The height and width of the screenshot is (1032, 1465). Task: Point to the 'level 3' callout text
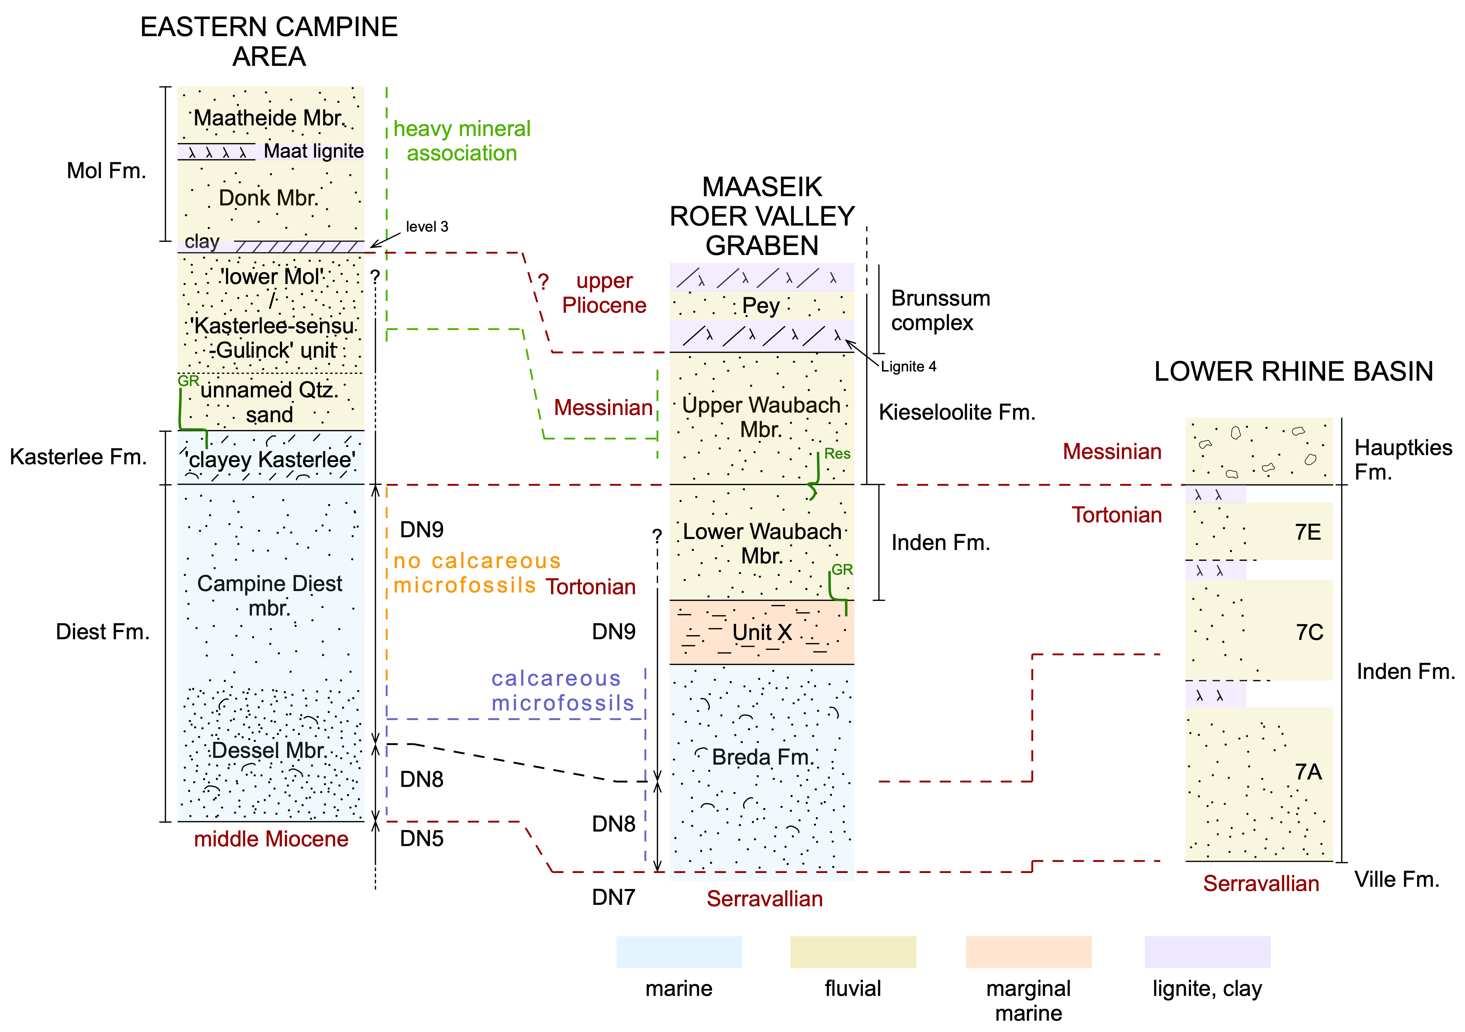tap(427, 226)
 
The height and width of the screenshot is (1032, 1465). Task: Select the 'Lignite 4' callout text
tap(909, 367)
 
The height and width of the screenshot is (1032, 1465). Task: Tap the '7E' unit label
tap(1308, 532)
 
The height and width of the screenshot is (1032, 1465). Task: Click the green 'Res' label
tap(837, 454)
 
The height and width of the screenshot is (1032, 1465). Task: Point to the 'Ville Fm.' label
tap(1397, 880)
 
